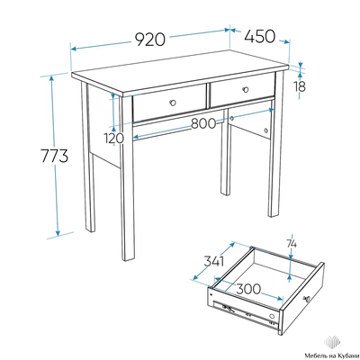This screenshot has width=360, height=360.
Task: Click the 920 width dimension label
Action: [x=150, y=39]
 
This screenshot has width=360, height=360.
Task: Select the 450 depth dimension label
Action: [x=259, y=36]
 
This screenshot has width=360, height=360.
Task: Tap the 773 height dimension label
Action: [x=55, y=156]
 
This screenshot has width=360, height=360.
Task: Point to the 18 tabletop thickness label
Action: [x=300, y=86]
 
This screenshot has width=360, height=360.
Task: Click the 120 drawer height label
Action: [x=114, y=139]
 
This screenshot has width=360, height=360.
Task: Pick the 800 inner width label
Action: [x=203, y=123]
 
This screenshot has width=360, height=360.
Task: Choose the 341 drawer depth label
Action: [x=214, y=261]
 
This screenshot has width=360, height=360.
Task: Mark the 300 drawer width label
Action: [x=248, y=289]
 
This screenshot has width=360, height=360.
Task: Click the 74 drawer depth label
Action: [x=292, y=244]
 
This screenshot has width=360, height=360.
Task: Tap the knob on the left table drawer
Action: [x=173, y=103]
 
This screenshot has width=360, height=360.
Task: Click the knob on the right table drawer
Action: [x=246, y=89]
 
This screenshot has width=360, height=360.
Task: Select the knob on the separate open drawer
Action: [x=307, y=299]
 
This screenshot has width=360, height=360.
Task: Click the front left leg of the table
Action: [x=127, y=178]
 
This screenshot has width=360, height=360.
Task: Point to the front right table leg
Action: [x=276, y=144]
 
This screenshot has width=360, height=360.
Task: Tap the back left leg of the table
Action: [x=88, y=156]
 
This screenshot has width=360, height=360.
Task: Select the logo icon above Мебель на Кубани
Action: [x=331, y=343]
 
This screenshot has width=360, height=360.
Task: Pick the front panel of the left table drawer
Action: [x=170, y=103]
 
